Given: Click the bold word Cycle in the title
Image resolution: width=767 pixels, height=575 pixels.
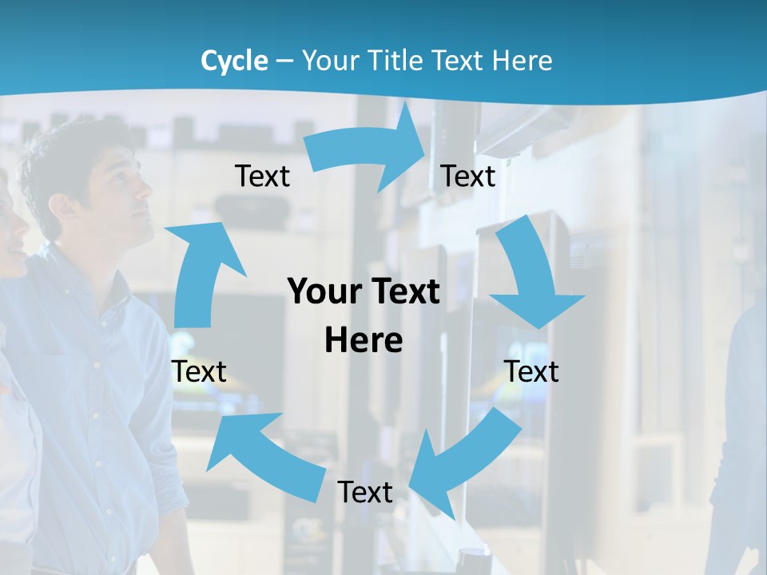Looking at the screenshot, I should pyautogui.click(x=234, y=61).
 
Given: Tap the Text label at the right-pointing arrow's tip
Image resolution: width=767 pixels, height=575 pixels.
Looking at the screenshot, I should pyautogui.click(x=468, y=176).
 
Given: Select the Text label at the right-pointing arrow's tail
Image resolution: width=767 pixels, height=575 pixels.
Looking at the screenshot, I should pyautogui.click(x=262, y=176).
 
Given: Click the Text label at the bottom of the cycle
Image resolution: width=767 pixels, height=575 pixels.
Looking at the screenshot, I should pyautogui.click(x=365, y=493).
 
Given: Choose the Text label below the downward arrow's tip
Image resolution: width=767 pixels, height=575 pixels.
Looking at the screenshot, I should pyautogui.click(x=531, y=371).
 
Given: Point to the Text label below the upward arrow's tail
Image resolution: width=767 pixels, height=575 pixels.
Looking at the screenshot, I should pyautogui.click(x=199, y=371).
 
